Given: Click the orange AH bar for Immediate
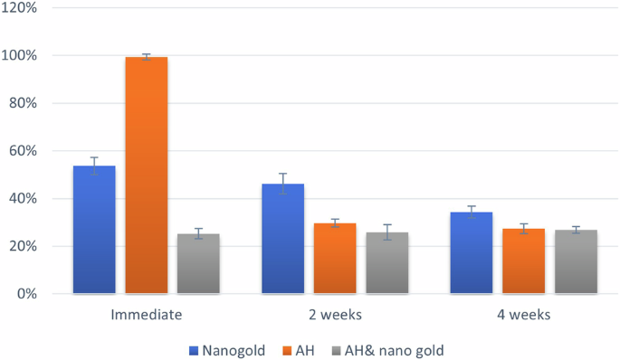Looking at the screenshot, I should click(x=147, y=175).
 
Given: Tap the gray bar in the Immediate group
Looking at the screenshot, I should click(x=198, y=264).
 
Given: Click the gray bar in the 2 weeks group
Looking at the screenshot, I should click(x=386, y=263).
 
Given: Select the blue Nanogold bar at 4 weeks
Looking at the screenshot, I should click(x=472, y=253).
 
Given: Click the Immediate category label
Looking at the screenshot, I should click(x=147, y=316).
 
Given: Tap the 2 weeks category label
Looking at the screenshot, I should click(x=335, y=316).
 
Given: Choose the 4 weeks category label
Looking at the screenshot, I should click(x=523, y=316).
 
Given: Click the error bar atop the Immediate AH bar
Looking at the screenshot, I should click(x=147, y=57).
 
